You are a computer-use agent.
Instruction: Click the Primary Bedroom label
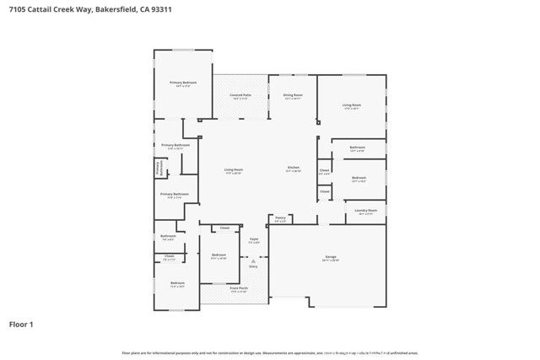[183, 83]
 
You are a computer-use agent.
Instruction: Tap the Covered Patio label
[240, 95]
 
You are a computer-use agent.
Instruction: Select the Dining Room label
[293, 95]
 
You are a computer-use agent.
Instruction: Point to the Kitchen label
[293, 168]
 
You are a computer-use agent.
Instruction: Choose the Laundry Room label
[365, 210]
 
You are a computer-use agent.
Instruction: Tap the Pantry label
[281, 218]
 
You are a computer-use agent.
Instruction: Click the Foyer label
[253, 239]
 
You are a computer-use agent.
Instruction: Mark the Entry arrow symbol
[253, 260]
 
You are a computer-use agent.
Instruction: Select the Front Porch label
[239, 288]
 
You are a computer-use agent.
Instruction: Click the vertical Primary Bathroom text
[158, 168]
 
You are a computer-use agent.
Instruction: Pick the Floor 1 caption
[21, 323]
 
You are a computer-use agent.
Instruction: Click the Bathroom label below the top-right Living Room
[357, 147]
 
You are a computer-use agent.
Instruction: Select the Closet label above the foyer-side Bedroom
[224, 228]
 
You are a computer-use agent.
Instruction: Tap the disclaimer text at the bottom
[270, 352]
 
